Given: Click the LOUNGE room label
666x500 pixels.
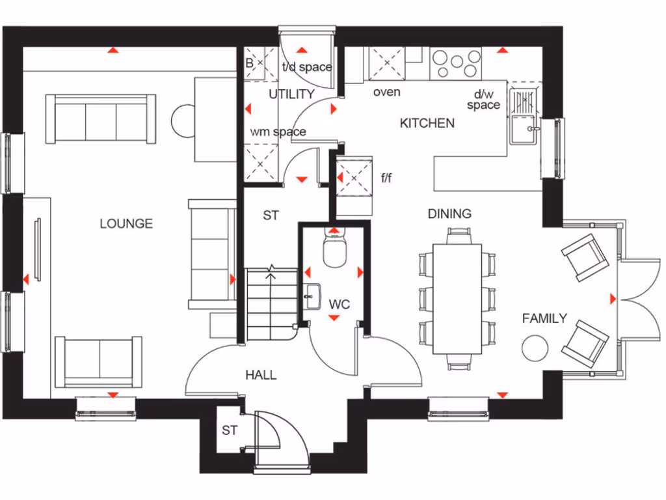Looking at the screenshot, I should pos(126,223).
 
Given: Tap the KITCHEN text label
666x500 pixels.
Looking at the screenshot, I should pos(427,123).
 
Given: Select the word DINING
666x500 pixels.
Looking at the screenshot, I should pos(449,214).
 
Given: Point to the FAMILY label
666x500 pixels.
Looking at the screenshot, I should pos(544,318).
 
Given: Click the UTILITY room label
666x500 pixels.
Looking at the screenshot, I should pos(291,94).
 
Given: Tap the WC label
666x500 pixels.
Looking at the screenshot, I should pos(339,304).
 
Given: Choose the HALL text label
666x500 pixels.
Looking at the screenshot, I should pos(261,375).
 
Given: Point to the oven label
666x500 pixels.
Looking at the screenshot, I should pos(386,92).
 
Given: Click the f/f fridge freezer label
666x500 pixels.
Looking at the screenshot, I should pos(386,178).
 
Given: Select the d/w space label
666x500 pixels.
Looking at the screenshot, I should pos(483,100).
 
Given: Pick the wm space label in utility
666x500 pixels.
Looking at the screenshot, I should pos(278,132).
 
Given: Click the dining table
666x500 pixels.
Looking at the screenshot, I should pos(457,299).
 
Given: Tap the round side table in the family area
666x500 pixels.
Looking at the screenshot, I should pos(536,348).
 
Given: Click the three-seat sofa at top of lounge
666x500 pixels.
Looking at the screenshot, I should pos(101,119).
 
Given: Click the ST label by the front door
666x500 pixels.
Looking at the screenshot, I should pos(230,430).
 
